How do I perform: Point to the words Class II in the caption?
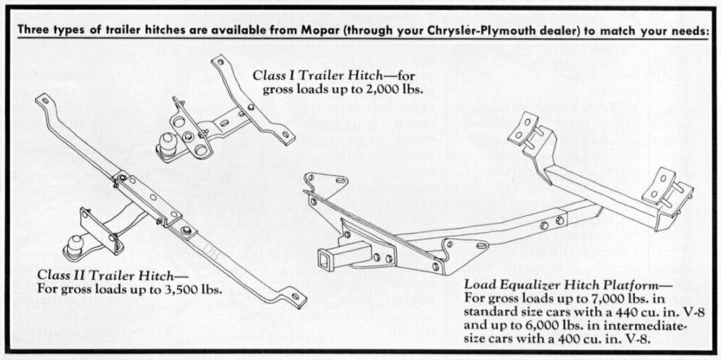65,276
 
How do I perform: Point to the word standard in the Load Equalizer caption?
490,311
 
